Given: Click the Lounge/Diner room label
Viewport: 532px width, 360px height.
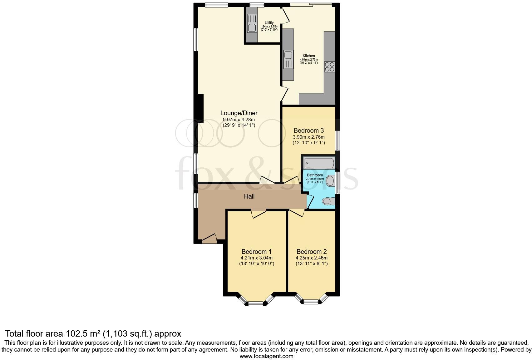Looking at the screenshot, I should pos(239,113).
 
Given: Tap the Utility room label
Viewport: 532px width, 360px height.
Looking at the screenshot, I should pos(269,23).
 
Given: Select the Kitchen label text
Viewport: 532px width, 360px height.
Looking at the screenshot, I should pos(309,56).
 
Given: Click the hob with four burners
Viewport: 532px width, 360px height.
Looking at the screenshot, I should pos(330,67).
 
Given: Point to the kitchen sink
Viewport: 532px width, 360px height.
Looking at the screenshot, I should pos(288,56).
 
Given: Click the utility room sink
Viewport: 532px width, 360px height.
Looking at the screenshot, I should pos(252,28).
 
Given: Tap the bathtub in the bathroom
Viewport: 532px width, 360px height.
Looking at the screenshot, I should pos(319,163).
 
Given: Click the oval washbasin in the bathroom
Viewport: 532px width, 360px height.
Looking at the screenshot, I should pos(330,181).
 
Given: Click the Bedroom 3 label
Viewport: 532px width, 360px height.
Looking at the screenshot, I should pos(308,131).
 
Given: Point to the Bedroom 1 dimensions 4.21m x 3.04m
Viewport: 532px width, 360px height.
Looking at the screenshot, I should pos(256,258).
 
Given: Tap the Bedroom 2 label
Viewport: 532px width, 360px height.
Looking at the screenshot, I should pos(311,252).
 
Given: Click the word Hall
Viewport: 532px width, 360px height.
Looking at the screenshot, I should pos(249,196).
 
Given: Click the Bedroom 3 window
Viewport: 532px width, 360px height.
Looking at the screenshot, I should pos(337,141).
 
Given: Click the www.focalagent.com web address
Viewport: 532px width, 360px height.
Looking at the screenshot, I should pos(266,356).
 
